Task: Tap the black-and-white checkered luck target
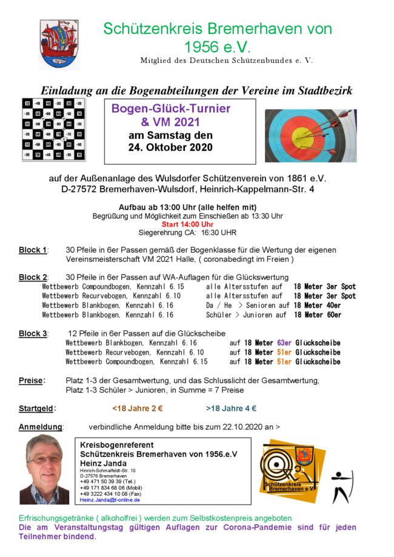click(53, 128)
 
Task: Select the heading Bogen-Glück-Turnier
click(171, 109)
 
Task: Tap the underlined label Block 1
click(33, 250)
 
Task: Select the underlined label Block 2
click(33, 277)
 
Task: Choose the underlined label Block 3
click(33, 333)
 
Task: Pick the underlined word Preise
click(31, 381)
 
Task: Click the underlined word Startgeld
click(37, 409)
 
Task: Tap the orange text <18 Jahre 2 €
click(137, 409)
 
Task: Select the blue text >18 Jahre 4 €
click(231, 409)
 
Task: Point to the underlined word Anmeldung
click(41, 427)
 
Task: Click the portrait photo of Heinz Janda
click(44, 470)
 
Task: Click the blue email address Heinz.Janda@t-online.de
click(110, 500)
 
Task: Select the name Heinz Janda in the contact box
click(104, 463)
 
